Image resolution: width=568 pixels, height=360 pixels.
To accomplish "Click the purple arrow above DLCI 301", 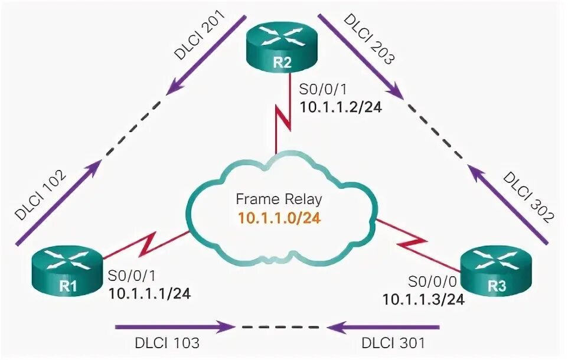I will tap(384, 326).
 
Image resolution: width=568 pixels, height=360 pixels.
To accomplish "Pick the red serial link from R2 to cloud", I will tap(283, 121).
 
